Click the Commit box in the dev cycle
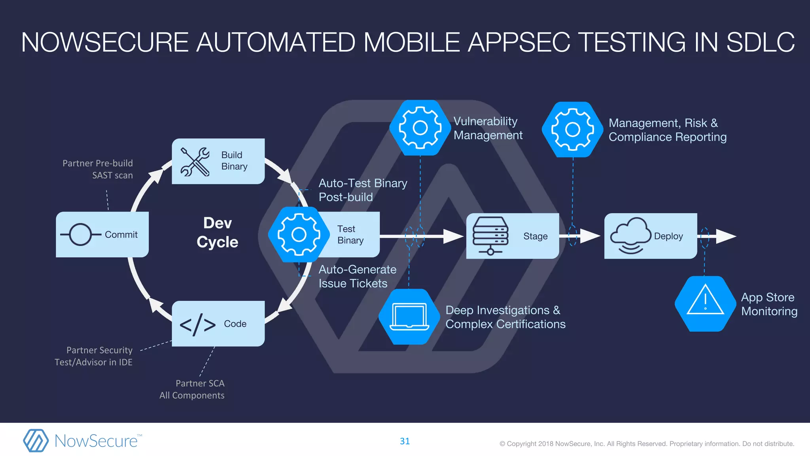102,234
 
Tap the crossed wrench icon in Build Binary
195,161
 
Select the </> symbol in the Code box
198,325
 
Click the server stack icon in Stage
490,236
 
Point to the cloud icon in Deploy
630,235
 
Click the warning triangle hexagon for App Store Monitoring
705,304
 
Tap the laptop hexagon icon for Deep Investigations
409,317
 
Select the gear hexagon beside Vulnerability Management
420,127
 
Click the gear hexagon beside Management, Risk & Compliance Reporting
572,129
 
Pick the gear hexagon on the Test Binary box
299,234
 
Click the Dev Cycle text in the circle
218,232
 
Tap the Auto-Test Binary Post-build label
362,190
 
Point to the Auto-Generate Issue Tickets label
357,276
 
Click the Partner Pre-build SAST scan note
98,169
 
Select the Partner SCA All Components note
192,389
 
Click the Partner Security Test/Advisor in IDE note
94,356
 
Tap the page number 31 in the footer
405,441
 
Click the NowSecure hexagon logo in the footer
36,441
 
